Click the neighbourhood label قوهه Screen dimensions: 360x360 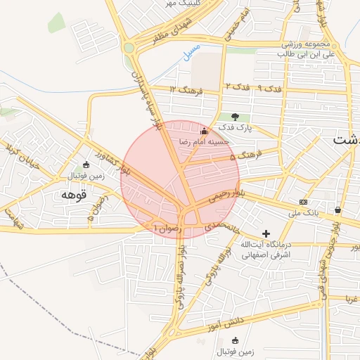(x=73, y=193)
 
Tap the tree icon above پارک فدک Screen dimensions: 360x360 (x=235, y=117)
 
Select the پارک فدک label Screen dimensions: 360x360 (x=234, y=127)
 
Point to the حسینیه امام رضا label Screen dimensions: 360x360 (x=202, y=141)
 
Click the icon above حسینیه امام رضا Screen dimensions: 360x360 (x=205, y=130)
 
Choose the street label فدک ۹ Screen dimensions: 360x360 (x=269, y=89)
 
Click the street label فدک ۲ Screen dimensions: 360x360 (x=236, y=86)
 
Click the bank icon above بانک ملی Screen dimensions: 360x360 (x=303, y=201)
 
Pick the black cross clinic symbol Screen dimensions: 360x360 (x=266, y=233)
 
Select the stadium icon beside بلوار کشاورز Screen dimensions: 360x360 (x=86, y=165)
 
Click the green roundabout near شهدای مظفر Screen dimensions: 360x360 (x=129, y=48)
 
